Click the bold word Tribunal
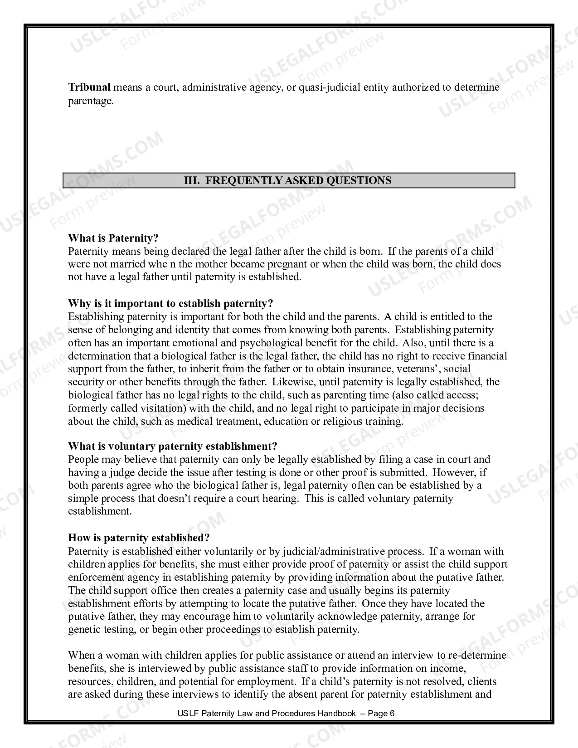89,87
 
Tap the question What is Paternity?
113,238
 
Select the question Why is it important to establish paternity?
170,303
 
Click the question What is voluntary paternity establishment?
172,447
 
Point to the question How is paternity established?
139,538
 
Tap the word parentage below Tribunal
90,101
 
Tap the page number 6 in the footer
392,713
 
